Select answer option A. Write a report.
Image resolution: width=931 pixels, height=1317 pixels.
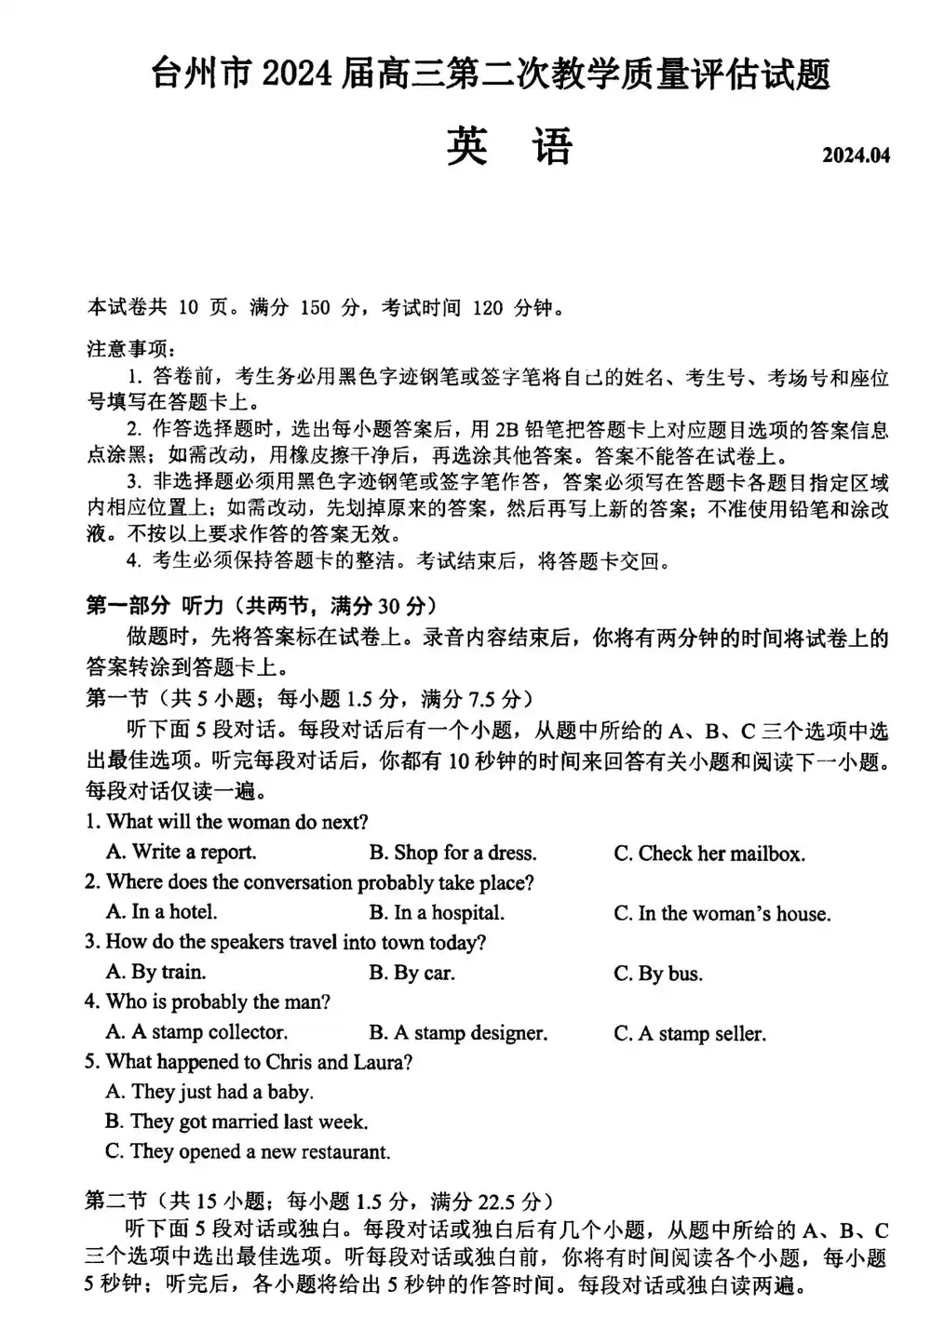click(x=181, y=852)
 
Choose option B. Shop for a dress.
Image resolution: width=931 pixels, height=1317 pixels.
click(x=452, y=853)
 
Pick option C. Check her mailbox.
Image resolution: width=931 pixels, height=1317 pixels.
click(x=708, y=853)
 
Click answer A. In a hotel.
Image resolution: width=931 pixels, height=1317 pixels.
click(x=161, y=912)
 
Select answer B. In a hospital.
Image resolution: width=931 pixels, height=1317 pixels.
click(x=436, y=913)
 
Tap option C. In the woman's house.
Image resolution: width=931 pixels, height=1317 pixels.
click(x=722, y=914)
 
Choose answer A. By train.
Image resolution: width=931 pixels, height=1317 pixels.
click(x=155, y=972)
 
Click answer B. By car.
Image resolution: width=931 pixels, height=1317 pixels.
click(x=412, y=973)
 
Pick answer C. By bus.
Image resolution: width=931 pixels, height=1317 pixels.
click(x=658, y=974)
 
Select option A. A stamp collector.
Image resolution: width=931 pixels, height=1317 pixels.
click(x=196, y=1032)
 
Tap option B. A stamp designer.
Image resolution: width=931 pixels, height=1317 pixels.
click(x=458, y=1033)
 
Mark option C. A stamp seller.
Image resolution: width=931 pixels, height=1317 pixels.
click(x=689, y=1034)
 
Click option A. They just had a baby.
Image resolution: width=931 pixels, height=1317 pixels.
click(x=209, y=1092)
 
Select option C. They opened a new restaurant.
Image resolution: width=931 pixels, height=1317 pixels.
click(x=248, y=1151)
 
